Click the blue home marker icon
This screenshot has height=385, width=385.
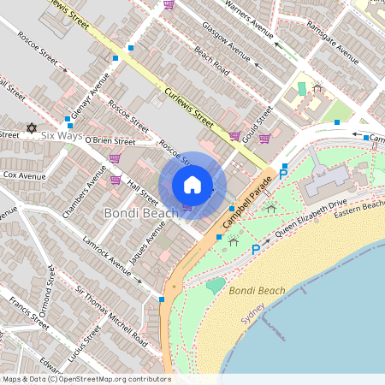[x=192, y=185]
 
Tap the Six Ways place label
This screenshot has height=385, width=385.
[x=61, y=136]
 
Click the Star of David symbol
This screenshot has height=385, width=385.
[x=33, y=128]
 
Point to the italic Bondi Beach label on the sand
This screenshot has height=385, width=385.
[x=258, y=291]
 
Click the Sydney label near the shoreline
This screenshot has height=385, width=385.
[x=252, y=318]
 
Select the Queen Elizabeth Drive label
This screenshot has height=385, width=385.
[x=311, y=218]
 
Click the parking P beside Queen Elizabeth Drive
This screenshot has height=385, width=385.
[x=256, y=249]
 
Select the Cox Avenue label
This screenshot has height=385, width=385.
[x=24, y=175]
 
